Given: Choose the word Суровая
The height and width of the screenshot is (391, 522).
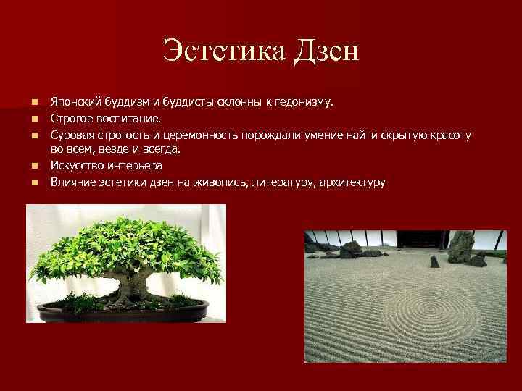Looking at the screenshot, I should tap(72, 134).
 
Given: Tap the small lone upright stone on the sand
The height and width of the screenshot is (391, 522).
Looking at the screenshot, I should tap(434, 261).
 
